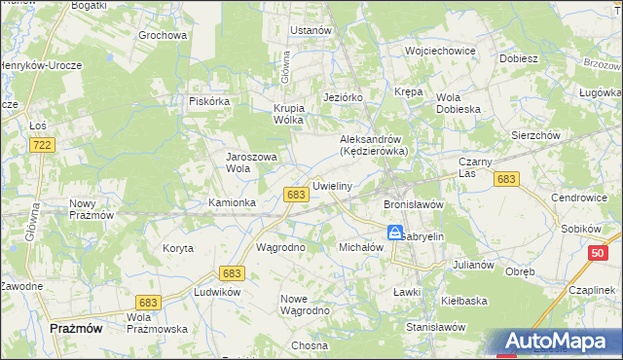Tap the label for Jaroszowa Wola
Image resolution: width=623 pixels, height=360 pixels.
tap(252, 162)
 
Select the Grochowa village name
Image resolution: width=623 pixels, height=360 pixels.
tap(163, 35)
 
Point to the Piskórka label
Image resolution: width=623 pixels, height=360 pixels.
tap(208, 99)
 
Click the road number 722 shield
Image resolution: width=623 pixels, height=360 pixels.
tap(41, 144)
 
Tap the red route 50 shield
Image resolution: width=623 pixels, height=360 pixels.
tap(597, 252)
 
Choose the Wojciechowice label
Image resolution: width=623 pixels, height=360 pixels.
tap(440, 50)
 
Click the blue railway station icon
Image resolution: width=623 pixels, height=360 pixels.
tap(394, 233)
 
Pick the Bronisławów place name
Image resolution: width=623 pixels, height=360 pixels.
tap(414, 205)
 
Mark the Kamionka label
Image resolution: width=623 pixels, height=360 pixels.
tap(233, 202)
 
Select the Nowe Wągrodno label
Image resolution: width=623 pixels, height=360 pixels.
tap(305, 305)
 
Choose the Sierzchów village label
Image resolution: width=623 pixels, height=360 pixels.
tap(535, 136)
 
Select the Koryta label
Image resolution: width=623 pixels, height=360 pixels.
tap(178, 248)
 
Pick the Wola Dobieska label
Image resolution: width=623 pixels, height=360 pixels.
tap(458, 103)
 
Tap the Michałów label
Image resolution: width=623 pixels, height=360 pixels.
tap(361, 248)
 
